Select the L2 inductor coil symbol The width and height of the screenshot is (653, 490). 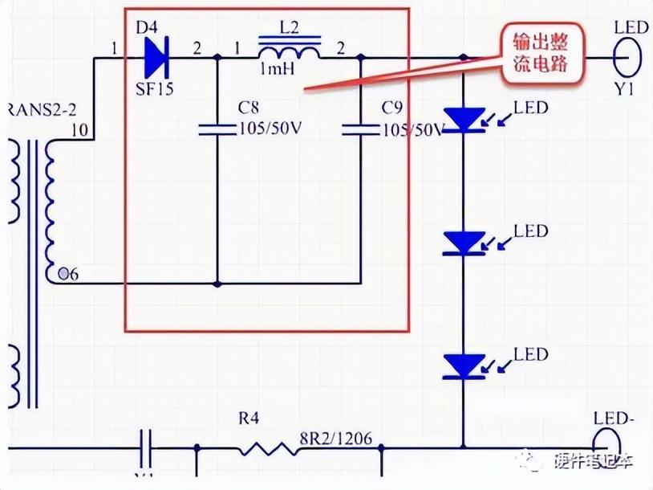(289, 51)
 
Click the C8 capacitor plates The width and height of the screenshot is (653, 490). (218, 129)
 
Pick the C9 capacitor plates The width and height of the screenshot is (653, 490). (359, 129)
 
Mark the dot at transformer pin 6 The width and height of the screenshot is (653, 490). (62, 275)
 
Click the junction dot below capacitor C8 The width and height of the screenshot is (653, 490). (218, 284)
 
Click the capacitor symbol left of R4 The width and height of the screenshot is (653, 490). (147, 446)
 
